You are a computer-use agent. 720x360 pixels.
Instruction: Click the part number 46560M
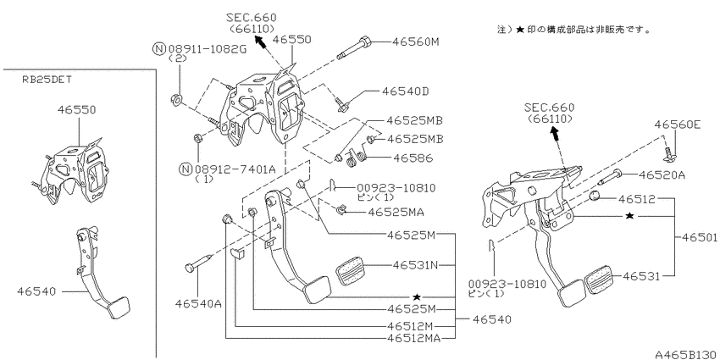416,42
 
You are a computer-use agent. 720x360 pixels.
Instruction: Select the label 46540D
405,91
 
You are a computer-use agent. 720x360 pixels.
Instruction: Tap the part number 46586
413,158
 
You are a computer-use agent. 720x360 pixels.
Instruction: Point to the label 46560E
678,124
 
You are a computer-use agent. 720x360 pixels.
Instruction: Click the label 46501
700,237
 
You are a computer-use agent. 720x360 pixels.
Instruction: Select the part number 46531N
416,265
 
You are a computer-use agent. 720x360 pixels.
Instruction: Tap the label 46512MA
413,339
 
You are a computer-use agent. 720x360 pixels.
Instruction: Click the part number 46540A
198,303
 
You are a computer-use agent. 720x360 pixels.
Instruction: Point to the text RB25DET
47,79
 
